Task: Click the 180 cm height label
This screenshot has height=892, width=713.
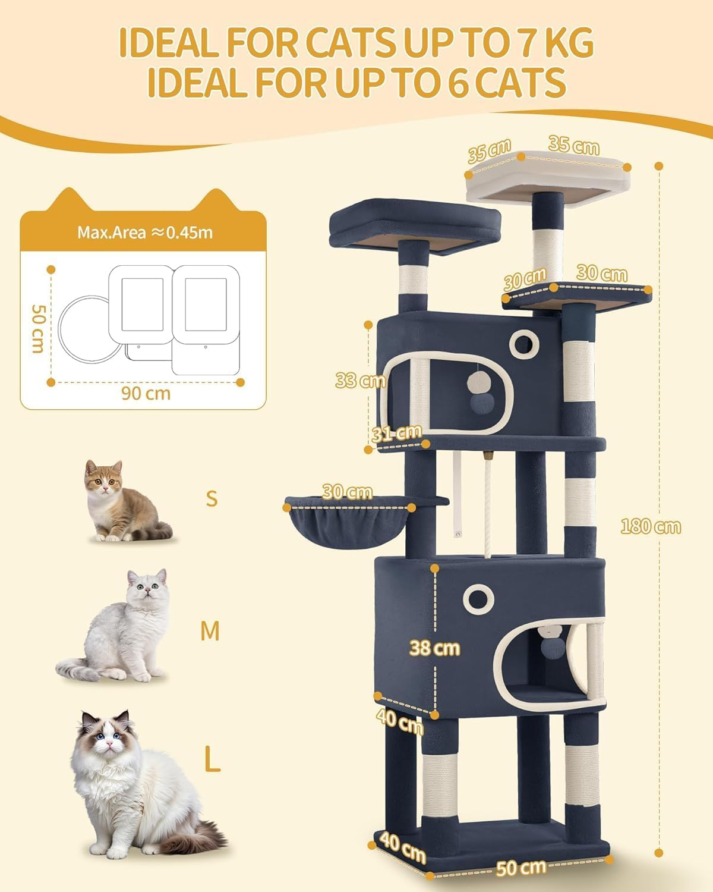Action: point(651,526)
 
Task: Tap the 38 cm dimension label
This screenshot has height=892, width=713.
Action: point(434,648)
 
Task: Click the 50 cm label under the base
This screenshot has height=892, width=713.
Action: point(521,867)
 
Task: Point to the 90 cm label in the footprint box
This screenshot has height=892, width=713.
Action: point(146,393)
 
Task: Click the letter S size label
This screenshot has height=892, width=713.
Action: point(212,498)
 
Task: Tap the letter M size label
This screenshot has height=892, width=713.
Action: point(210,631)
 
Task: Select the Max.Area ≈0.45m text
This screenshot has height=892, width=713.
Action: point(144,232)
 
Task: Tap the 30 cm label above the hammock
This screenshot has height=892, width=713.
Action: point(348,492)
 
